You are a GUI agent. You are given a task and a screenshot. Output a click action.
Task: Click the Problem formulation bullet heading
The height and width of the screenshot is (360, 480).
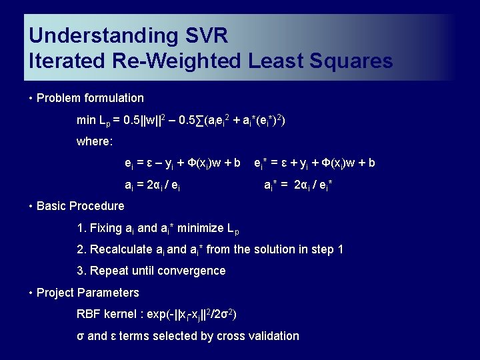90,98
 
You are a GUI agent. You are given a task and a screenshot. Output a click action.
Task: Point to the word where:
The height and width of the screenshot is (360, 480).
95,141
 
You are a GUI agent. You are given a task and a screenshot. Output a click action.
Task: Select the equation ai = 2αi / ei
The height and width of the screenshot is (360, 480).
153,185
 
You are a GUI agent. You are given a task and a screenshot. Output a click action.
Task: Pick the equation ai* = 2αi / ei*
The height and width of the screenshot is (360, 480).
298,185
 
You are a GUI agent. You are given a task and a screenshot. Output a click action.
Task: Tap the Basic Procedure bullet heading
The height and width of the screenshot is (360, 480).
80,206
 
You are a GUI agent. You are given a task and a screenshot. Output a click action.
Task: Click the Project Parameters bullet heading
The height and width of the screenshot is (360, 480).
87,293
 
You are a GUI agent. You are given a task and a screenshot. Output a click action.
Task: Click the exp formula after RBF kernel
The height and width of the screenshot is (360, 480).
193,314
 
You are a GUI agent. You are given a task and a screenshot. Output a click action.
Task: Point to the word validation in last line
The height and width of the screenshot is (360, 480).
273,336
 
